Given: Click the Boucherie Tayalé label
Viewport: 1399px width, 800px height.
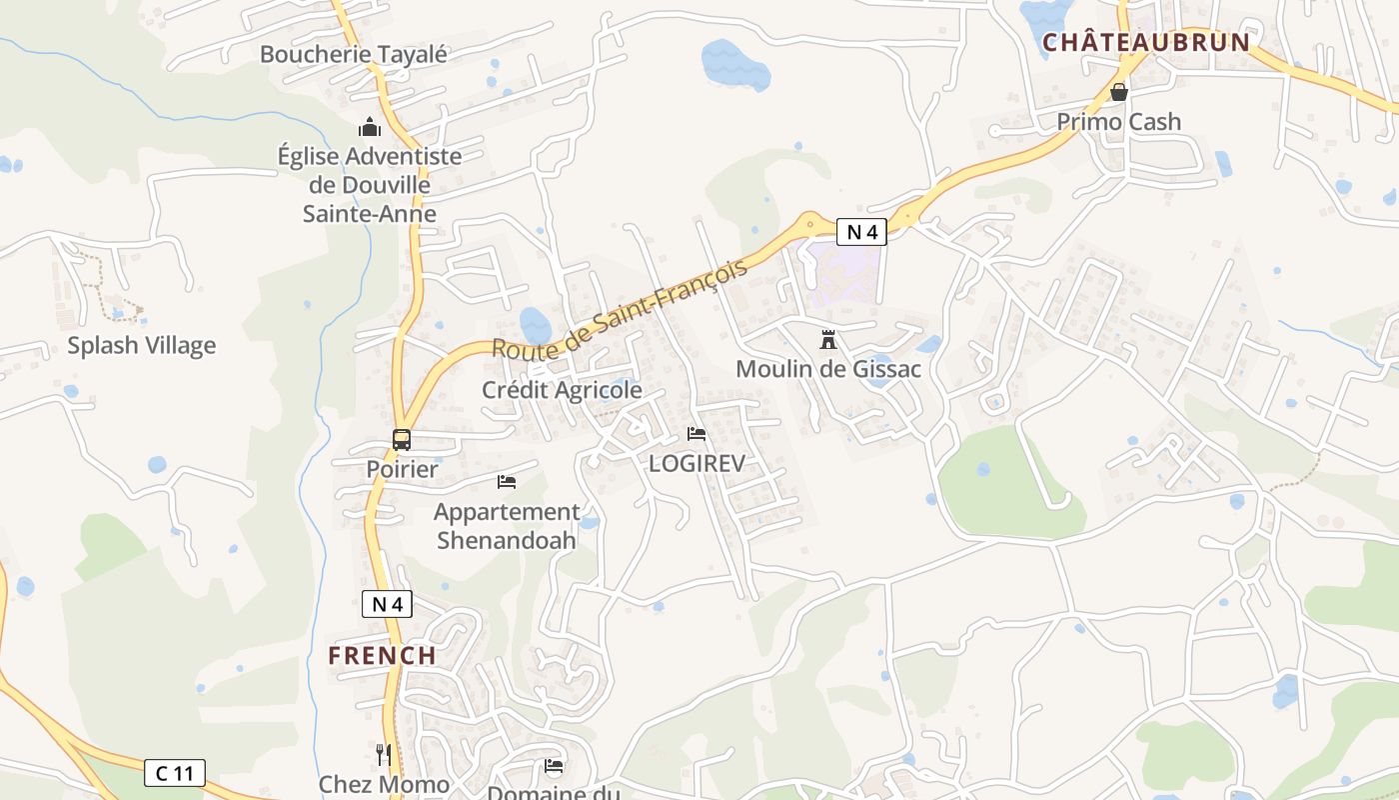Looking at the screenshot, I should (354, 54).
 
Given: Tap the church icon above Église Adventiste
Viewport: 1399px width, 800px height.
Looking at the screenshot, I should (370, 127).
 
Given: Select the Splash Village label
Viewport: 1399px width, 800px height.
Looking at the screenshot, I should (141, 346).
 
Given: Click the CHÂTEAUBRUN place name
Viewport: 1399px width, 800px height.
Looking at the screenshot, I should (1145, 42).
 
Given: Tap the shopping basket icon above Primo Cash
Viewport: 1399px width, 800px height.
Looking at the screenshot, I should (1119, 92).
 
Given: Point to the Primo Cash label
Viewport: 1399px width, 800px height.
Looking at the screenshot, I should (1119, 122).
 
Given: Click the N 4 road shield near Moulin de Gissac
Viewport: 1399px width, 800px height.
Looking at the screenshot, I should (861, 233).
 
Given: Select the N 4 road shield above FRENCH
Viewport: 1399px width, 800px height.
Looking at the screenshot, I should (387, 604).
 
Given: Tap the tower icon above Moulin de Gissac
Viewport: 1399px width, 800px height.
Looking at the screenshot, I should (827, 340).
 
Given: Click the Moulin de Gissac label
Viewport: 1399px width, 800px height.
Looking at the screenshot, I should (827, 369).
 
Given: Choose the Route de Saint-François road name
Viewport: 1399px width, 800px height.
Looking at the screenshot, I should (620, 309).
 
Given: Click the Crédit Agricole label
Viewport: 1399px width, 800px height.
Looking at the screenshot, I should (562, 390).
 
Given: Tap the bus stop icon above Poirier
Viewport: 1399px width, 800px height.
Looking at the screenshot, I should (402, 439).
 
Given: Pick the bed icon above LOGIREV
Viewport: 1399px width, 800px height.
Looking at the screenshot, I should (697, 434).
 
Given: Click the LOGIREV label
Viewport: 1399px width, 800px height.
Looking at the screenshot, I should (697, 463).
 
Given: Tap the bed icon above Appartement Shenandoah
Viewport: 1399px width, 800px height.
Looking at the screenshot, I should (507, 482).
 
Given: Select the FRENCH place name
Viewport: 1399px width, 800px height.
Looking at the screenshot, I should (383, 656).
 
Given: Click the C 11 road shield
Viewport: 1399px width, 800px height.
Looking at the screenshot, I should (175, 772).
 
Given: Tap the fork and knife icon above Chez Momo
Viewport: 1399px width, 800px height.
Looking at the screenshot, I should (384, 754).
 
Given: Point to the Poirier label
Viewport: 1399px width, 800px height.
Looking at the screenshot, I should (402, 469).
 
